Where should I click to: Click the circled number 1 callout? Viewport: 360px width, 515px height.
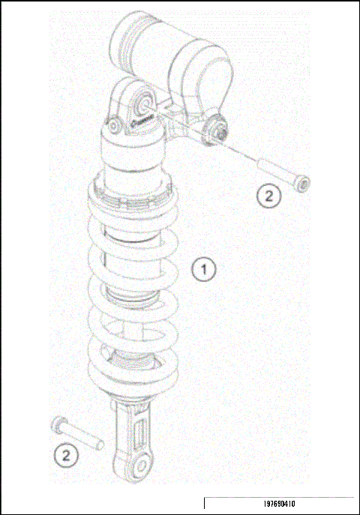coord(203,268)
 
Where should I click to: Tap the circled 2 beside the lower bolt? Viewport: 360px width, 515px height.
coord(66,454)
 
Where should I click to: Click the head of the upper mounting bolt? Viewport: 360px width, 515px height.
coord(302,183)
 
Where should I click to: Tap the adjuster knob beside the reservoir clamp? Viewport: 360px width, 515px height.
coord(220,130)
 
